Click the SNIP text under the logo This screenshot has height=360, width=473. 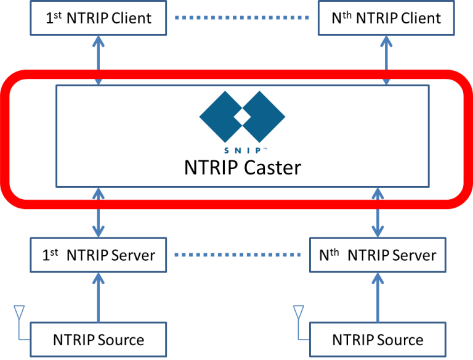coord(242,150)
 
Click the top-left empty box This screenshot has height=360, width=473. coord(99,18)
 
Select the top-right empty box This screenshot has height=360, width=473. coord(386,18)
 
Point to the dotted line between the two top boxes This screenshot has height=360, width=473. coord(242,18)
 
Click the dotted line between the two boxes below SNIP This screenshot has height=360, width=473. coord(238,255)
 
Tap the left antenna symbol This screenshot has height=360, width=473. coord(19,312)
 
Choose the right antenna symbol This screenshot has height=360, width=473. coord(299,312)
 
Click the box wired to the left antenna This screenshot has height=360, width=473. coord(99,339)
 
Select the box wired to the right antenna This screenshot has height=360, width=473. coord(378,339)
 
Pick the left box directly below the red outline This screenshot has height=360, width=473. coord(99,255)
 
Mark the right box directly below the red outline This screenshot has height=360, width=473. coord(378,255)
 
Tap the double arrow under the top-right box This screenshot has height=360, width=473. coord(386,59)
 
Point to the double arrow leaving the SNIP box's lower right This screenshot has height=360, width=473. coord(378,213)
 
